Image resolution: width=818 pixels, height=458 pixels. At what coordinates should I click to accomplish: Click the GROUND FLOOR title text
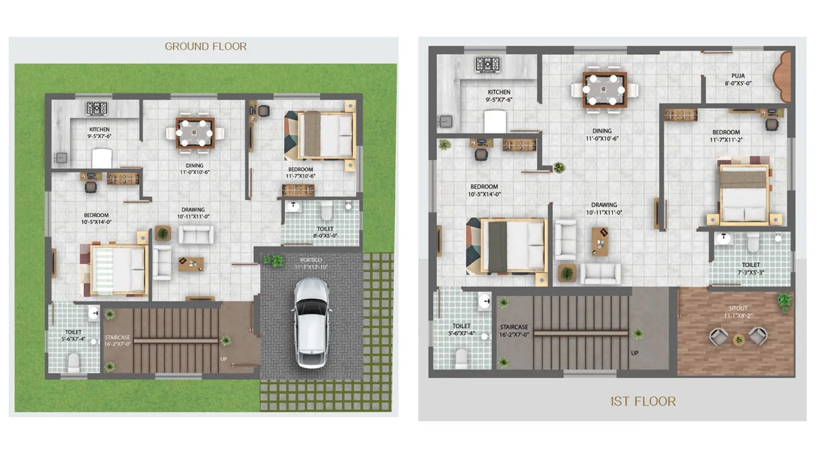point(206,46)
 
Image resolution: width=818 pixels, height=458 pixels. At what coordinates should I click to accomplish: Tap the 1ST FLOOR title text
point(643,401)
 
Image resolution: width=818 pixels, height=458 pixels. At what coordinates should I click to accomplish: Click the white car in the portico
point(311,322)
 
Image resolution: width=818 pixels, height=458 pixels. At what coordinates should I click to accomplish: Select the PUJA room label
point(738,79)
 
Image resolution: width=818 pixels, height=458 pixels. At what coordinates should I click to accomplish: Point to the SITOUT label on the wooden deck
point(738,311)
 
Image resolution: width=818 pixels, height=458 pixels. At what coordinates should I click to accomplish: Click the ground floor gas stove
point(97,108)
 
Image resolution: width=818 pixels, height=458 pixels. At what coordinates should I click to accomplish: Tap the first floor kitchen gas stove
point(488,64)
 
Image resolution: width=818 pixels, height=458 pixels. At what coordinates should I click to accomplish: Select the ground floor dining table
point(195,133)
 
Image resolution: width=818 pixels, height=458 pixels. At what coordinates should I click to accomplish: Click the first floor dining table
point(604,90)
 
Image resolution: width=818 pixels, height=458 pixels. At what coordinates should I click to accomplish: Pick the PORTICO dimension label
point(311,263)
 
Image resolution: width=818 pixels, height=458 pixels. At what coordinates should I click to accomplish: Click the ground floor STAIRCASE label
point(118,341)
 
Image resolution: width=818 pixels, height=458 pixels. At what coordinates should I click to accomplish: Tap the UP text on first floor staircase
point(634,353)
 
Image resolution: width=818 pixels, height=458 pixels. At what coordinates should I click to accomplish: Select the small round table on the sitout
point(738,340)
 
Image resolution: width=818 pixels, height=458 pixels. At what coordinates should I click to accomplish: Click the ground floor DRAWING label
point(193,213)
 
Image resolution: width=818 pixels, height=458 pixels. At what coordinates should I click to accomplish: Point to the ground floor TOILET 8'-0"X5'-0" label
point(325,232)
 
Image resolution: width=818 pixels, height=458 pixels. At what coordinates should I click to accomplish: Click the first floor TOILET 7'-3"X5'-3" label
point(751,269)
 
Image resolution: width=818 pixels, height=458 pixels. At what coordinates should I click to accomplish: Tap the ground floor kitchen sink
point(61,157)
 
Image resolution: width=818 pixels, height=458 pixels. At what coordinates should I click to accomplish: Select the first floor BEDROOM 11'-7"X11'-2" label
point(726,135)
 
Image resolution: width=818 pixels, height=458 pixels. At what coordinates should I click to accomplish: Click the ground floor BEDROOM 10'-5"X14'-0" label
point(96,219)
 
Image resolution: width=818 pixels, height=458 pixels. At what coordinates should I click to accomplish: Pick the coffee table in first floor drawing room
point(600,240)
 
